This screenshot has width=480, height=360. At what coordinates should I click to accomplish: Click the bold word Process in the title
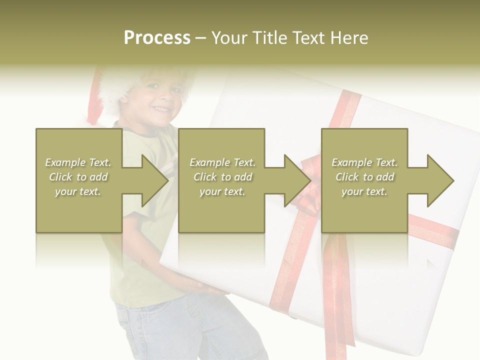point(157,38)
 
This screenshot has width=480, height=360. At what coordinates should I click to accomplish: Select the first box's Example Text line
point(78,162)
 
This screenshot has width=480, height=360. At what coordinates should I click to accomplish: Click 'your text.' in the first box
point(78,191)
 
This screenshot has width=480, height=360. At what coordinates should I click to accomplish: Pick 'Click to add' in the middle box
point(221,177)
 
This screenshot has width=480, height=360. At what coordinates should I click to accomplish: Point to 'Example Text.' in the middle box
point(221,162)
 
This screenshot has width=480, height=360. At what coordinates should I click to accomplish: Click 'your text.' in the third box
point(364,191)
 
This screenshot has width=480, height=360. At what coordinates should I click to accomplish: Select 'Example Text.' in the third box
point(364,162)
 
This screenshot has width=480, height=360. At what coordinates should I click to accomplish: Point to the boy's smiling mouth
point(161,108)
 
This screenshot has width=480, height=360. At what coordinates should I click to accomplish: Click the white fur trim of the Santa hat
point(115,90)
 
